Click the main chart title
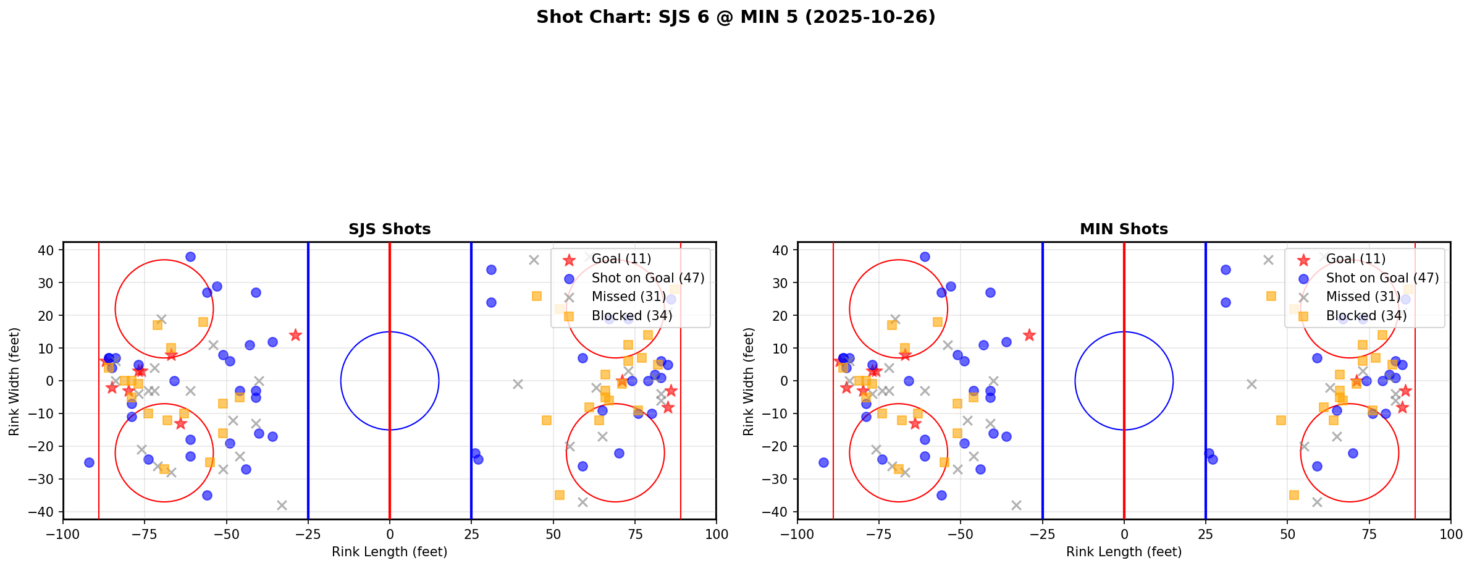point(736,17)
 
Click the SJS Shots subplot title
point(389,229)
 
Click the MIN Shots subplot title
point(1124,229)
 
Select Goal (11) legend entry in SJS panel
point(621,259)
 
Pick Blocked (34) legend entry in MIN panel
point(1366,316)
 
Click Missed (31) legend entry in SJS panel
point(628,297)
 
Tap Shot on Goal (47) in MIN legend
point(1382,278)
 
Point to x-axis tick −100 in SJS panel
point(63,534)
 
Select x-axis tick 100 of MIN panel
point(1450,534)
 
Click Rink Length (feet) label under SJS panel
point(389,552)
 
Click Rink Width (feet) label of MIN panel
point(749,381)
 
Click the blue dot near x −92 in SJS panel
point(89,462)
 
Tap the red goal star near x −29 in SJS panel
point(295,335)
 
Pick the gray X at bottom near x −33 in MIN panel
point(1016,505)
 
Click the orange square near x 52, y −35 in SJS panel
point(560,495)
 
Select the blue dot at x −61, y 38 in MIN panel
point(925,256)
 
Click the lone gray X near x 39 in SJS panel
point(518,384)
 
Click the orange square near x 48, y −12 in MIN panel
point(1281,420)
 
